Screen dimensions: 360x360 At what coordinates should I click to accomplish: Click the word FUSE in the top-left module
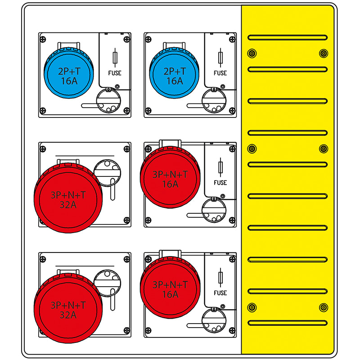(115, 73)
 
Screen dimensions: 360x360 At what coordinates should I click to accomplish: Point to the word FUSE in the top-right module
(220, 73)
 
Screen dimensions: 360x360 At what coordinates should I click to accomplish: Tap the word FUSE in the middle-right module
(220, 183)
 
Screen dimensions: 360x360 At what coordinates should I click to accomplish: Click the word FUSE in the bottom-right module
(220, 292)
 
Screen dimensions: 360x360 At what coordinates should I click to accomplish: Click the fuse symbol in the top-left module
(115, 58)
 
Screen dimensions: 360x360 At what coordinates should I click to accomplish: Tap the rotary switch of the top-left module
(108, 99)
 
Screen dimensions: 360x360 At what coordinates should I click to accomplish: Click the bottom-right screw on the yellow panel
(323, 307)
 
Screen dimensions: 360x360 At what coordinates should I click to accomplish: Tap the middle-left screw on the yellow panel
(252, 148)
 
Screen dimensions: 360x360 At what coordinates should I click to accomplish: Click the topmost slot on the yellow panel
(288, 37)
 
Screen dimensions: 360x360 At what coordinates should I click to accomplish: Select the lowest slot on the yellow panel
(288, 323)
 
